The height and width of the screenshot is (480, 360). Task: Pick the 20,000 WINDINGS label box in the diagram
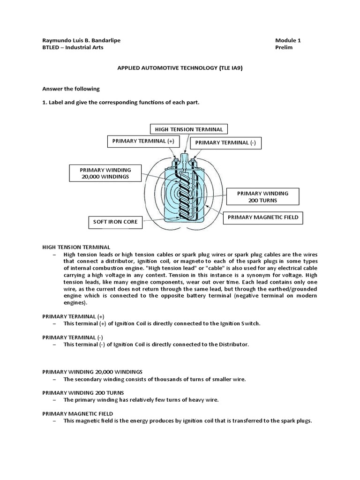98,173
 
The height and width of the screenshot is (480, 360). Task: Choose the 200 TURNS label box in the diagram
262,196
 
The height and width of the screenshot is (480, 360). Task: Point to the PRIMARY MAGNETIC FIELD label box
263,217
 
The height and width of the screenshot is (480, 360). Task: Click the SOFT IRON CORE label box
115,222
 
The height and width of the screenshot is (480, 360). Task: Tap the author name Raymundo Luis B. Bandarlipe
81,40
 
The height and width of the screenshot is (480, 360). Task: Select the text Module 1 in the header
289,40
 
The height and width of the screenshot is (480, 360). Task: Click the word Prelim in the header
285,47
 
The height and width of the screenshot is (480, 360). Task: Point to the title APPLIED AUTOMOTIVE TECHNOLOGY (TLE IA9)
180,68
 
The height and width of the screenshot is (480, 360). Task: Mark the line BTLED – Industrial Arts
73,47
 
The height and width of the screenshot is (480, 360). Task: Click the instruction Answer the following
71,89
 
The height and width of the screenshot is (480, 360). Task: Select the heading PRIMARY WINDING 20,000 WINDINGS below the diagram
92,371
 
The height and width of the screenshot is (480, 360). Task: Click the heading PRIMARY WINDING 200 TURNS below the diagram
83,392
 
